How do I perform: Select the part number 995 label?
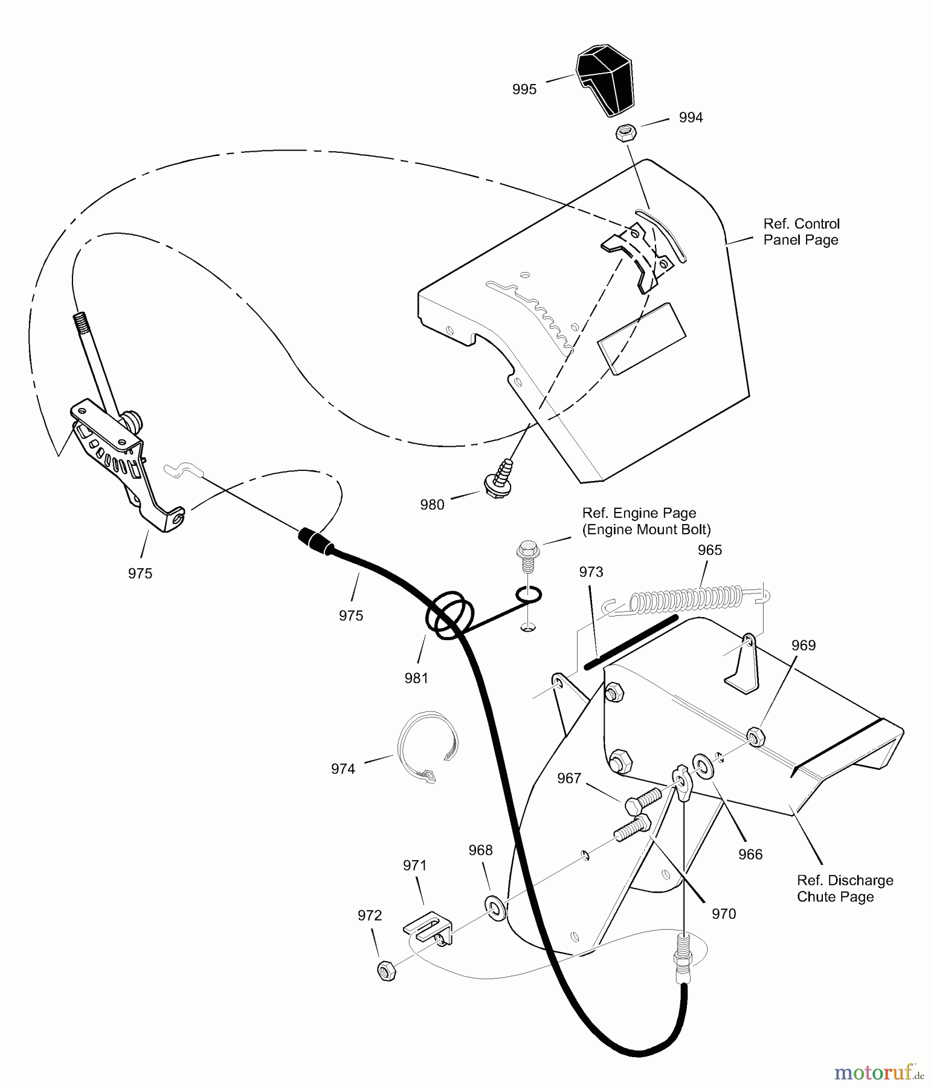(524, 89)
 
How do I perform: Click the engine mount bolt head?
(527, 552)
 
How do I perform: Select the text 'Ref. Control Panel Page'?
(801, 232)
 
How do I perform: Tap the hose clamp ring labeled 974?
(427, 747)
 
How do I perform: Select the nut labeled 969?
(755, 737)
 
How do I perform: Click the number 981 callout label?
(416, 678)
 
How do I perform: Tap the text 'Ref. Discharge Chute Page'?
(845, 889)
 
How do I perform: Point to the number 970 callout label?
(724, 914)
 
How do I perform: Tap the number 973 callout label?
(591, 572)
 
